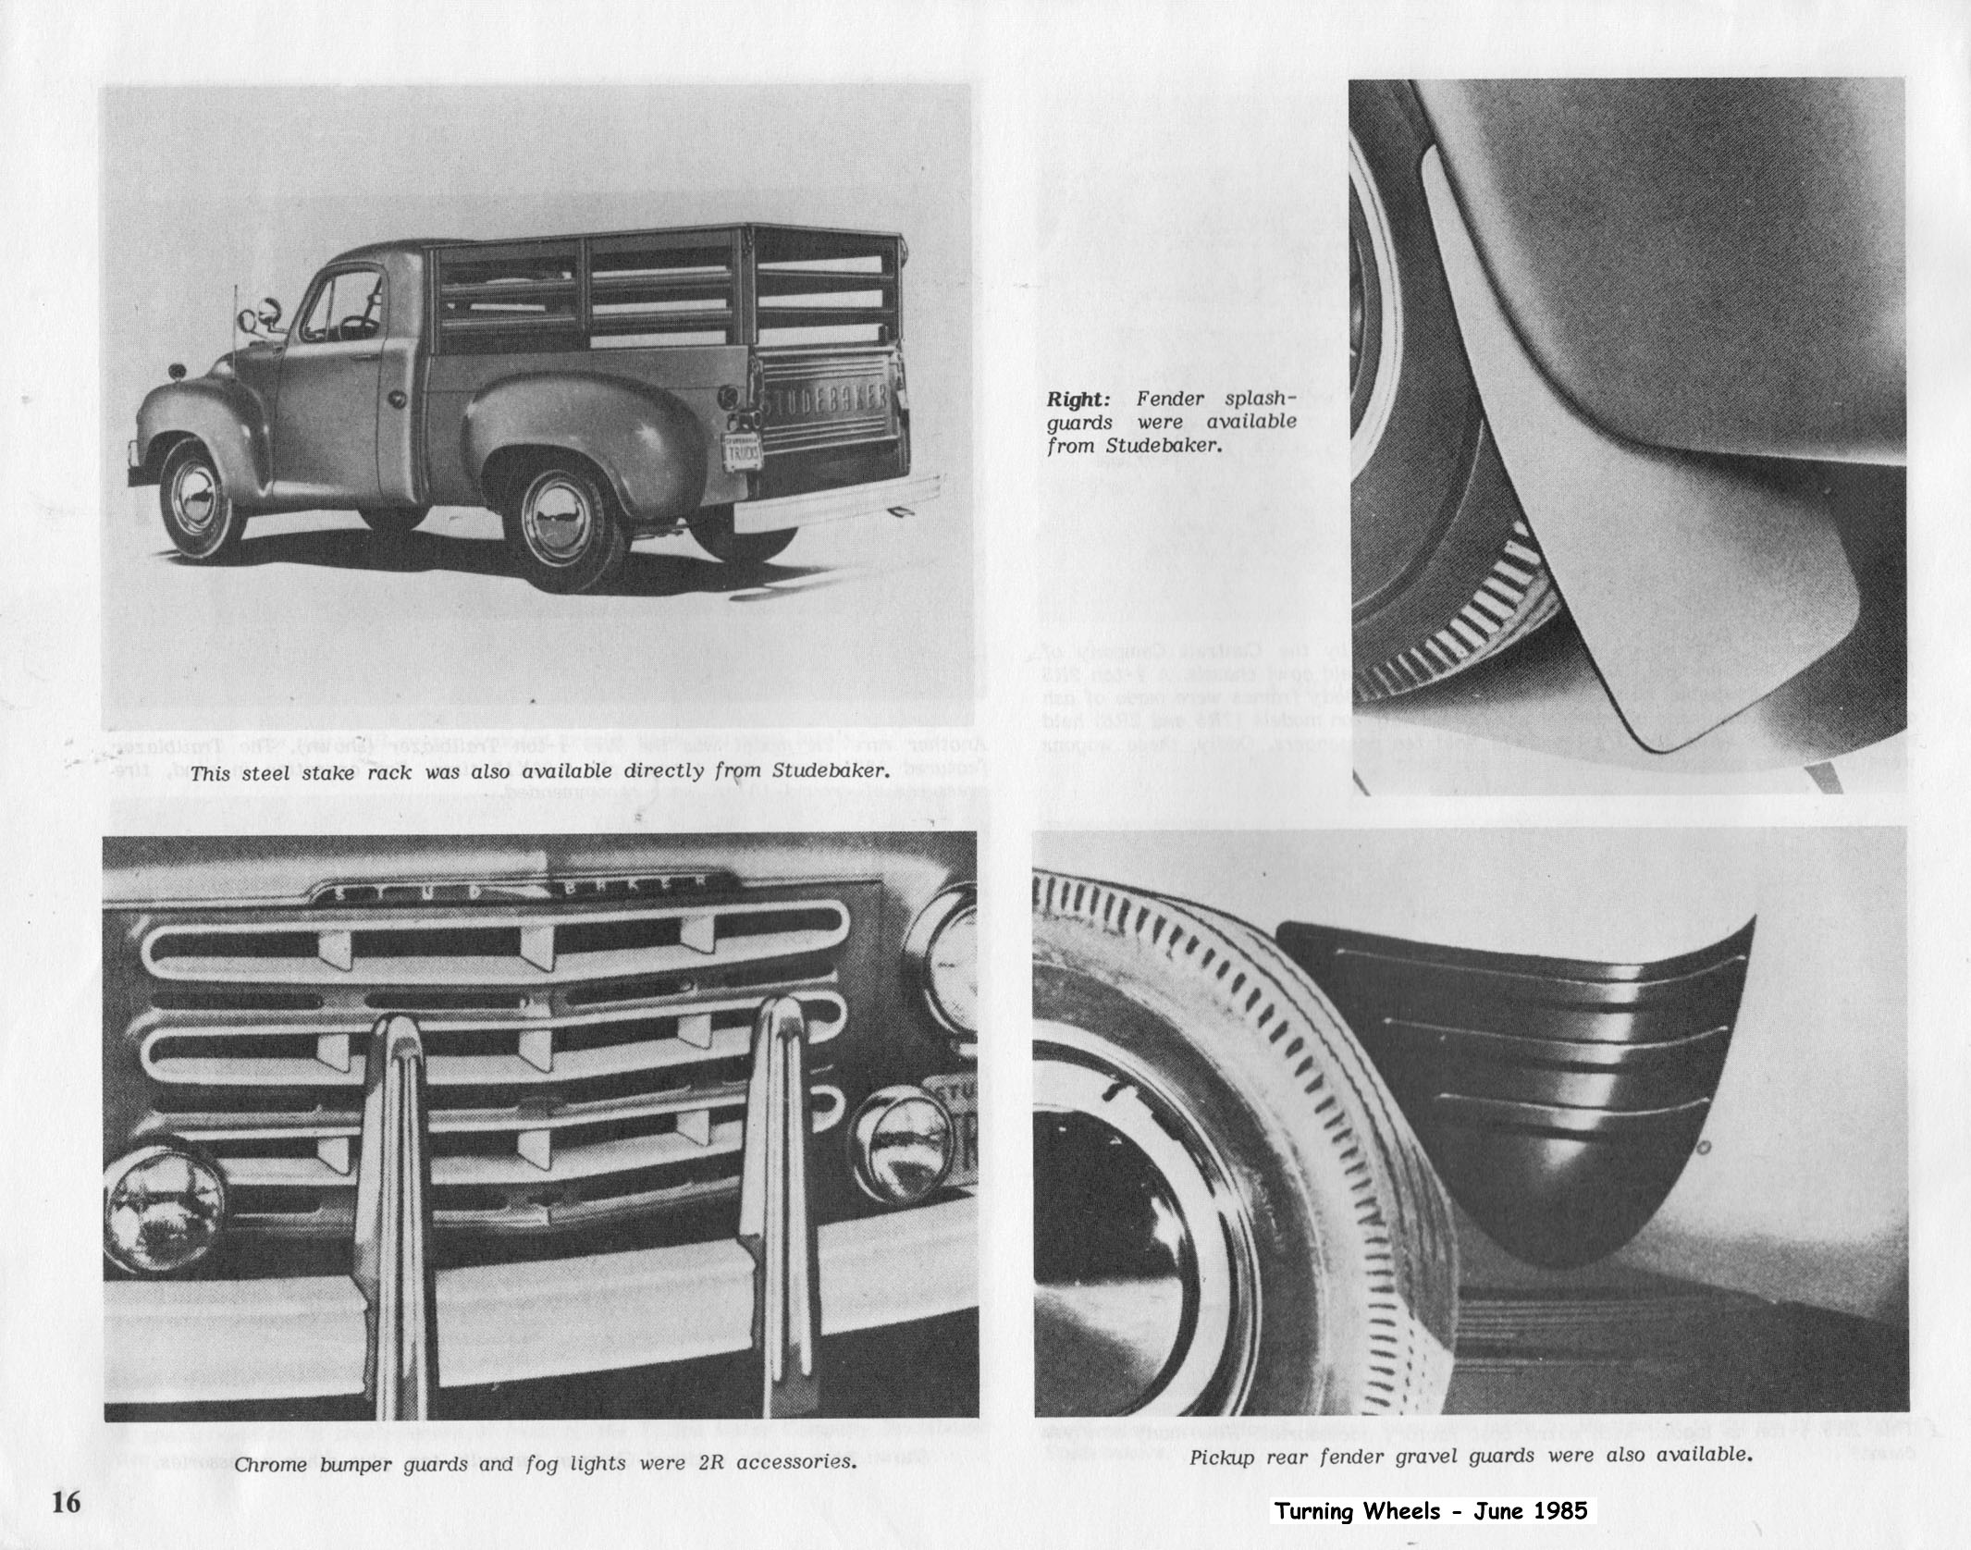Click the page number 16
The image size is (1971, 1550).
[x=67, y=1502]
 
